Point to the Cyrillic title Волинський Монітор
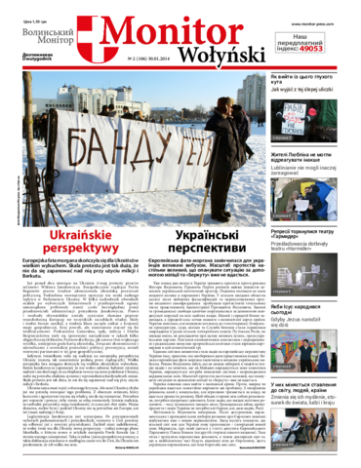coord(40,39)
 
